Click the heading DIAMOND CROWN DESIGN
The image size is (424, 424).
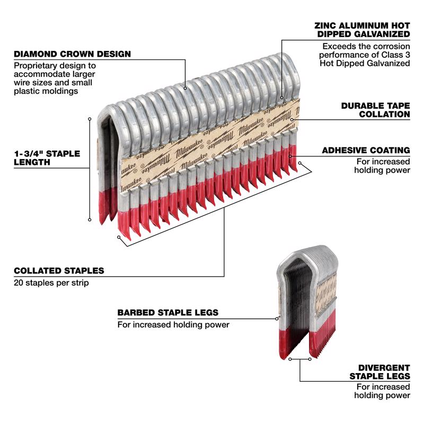tap(72, 54)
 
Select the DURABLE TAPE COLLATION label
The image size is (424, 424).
tap(375, 110)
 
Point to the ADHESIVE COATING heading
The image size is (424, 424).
tap(366, 151)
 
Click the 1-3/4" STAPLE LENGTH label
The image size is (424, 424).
tap(47, 158)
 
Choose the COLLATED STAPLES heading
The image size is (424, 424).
tap(59, 271)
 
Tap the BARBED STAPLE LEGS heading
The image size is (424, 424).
tap(167, 313)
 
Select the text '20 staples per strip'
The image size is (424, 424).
tap(51, 283)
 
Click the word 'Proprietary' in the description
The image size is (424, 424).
tap(36, 65)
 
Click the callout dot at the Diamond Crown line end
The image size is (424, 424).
tap(185, 88)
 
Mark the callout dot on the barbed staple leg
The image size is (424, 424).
tap(278, 319)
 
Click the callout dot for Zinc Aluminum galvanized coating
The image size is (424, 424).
tap(281, 98)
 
